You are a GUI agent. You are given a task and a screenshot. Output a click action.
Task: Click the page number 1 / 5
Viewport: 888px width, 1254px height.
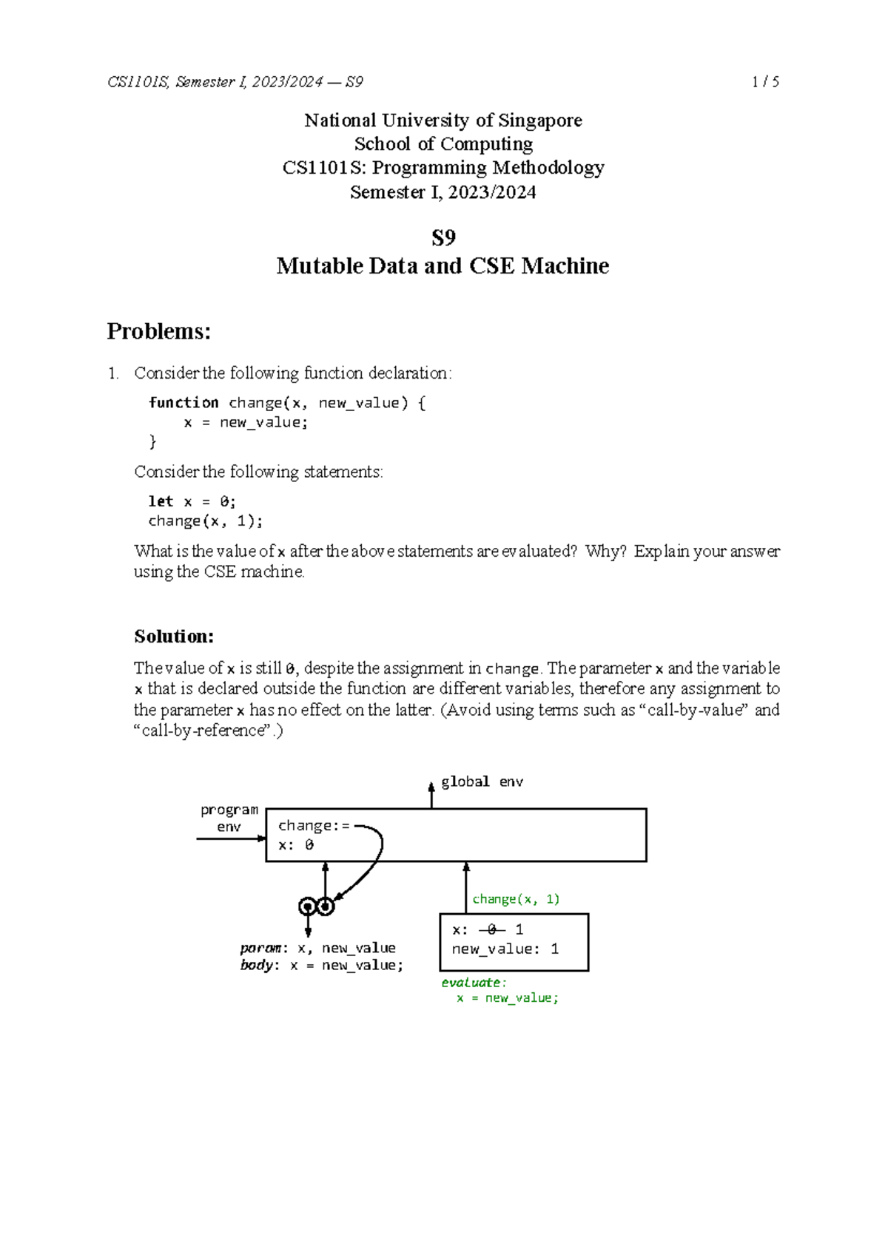click(x=765, y=82)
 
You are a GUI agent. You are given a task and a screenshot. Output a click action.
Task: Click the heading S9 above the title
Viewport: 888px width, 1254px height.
click(x=443, y=238)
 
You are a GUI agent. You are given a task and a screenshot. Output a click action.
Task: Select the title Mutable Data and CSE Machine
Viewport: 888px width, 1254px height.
click(x=443, y=266)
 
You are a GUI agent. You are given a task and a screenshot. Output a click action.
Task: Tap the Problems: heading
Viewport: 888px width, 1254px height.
click(x=158, y=331)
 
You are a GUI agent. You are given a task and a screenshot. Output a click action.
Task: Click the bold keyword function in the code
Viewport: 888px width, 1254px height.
click(x=184, y=403)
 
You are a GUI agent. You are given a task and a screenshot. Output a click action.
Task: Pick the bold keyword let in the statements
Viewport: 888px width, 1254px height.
click(x=161, y=501)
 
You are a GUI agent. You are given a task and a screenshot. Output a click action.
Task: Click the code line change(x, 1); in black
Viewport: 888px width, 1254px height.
click(x=205, y=521)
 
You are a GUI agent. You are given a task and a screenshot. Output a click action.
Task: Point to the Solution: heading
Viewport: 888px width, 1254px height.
click(x=174, y=637)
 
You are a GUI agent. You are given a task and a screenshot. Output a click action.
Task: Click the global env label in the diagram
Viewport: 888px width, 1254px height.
click(x=482, y=782)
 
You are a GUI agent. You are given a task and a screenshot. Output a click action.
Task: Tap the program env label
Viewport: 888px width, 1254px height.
click(x=229, y=819)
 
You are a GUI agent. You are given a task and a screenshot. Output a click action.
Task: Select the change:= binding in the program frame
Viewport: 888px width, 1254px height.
click(x=314, y=826)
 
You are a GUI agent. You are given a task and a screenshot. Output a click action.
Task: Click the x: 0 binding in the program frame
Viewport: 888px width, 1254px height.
click(x=296, y=845)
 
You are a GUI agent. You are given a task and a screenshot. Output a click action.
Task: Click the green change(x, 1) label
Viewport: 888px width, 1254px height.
click(x=516, y=899)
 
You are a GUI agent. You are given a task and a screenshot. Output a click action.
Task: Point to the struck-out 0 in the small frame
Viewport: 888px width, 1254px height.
click(x=491, y=929)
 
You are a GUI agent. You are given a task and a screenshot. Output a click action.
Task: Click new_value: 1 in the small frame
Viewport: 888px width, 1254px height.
click(x=505, y=949)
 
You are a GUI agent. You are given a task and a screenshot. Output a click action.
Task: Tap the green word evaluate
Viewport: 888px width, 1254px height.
click(x=471, y=983)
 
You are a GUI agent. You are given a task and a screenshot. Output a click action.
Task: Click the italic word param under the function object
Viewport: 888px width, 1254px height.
click(x=260, y=948)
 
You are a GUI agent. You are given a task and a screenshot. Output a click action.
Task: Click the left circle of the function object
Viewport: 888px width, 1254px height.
click(x=308, y=906)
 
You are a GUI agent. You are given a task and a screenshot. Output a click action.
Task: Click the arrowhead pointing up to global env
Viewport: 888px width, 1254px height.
click(x=431, y=787)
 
